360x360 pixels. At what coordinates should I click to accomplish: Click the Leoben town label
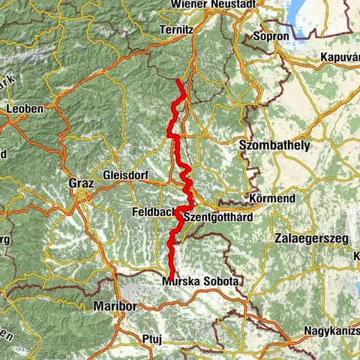[x=24, y=108]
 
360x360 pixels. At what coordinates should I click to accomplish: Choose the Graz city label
[x=79, y=181]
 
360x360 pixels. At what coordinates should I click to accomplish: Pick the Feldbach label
[x=153, y=211]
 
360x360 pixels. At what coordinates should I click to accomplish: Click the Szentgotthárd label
[x=217, y=217]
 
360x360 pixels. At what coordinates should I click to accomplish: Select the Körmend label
[x=269, y=200]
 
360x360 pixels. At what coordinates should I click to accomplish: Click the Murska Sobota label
[x=200, y=281]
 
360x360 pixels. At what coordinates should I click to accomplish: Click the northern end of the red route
[x=178, y=80]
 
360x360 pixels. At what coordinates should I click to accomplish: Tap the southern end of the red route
[x=172, y=276]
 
